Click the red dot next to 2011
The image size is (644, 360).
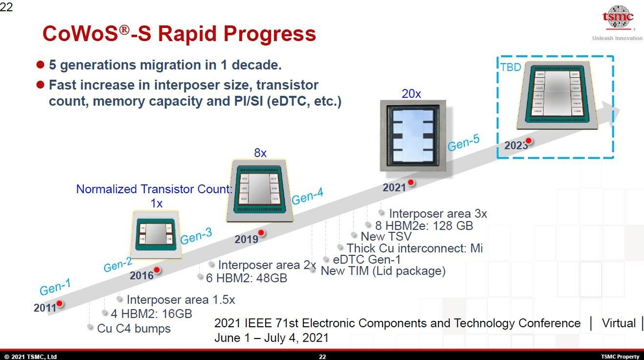[x=60, y=304]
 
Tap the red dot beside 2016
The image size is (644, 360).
[x=157, y=270]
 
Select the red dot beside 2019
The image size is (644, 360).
[x=261, y=233]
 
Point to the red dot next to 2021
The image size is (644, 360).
[x=411, y=182]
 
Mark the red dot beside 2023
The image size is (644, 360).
[x=528, y=141]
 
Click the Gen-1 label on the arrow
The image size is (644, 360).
[x=55, y=288]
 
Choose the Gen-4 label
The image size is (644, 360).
[x=308, y=198]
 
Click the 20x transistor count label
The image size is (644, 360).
[x=412, y=93]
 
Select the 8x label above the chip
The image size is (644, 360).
[x=260, y=153]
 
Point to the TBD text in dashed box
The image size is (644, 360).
[x=511, y=68]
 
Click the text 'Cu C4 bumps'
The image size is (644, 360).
[x=134, y=328]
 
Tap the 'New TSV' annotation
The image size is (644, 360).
[x=386, y=236]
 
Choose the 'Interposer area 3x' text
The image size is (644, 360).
[x=437, y=214]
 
